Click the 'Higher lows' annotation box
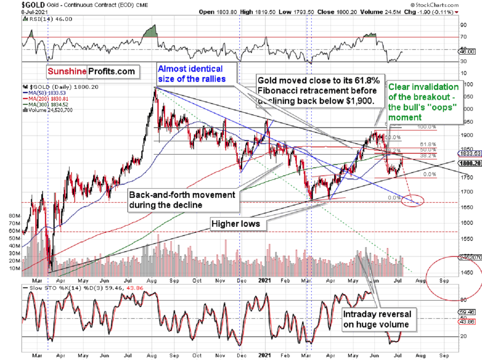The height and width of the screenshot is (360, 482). (238, 224)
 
